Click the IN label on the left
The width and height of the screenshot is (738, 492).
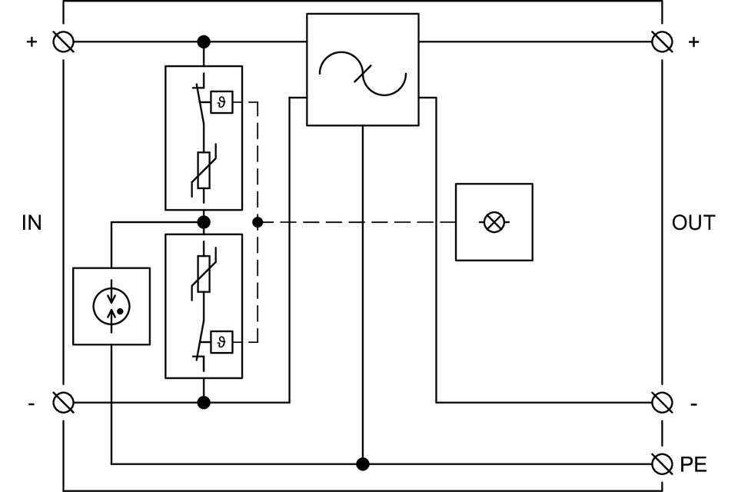(x=32, y=223)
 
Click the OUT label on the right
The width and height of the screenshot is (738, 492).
(x=693, y=223)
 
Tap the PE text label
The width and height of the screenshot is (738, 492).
(x=693, y=464)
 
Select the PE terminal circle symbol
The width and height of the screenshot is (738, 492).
(x=661, y=464)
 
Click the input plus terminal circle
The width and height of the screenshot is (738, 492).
(x=63, y=41)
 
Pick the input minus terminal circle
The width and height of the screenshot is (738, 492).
(x=63, y=402)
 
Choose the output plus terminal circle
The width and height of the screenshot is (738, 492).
(x=661, y=41)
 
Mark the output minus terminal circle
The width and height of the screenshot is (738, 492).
(x=661, y=402)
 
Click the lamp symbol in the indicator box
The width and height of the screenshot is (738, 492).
(x=494, y=223)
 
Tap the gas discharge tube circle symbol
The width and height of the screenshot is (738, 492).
(x=111, y=306)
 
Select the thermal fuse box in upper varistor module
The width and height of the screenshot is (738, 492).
(x=221, y=101)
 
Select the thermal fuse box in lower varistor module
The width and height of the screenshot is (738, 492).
(x=221, y=341)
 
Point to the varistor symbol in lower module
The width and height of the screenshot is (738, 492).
(x=204, y=274)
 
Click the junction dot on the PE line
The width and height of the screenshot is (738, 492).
(x=363, y=464)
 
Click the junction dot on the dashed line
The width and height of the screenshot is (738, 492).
(x=258, y=222)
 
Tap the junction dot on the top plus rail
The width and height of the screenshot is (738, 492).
(x=204, y=41)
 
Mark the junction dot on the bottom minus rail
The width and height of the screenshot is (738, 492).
(x=204, y=402)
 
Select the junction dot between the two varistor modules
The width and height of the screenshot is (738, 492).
(x=204, y=222)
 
